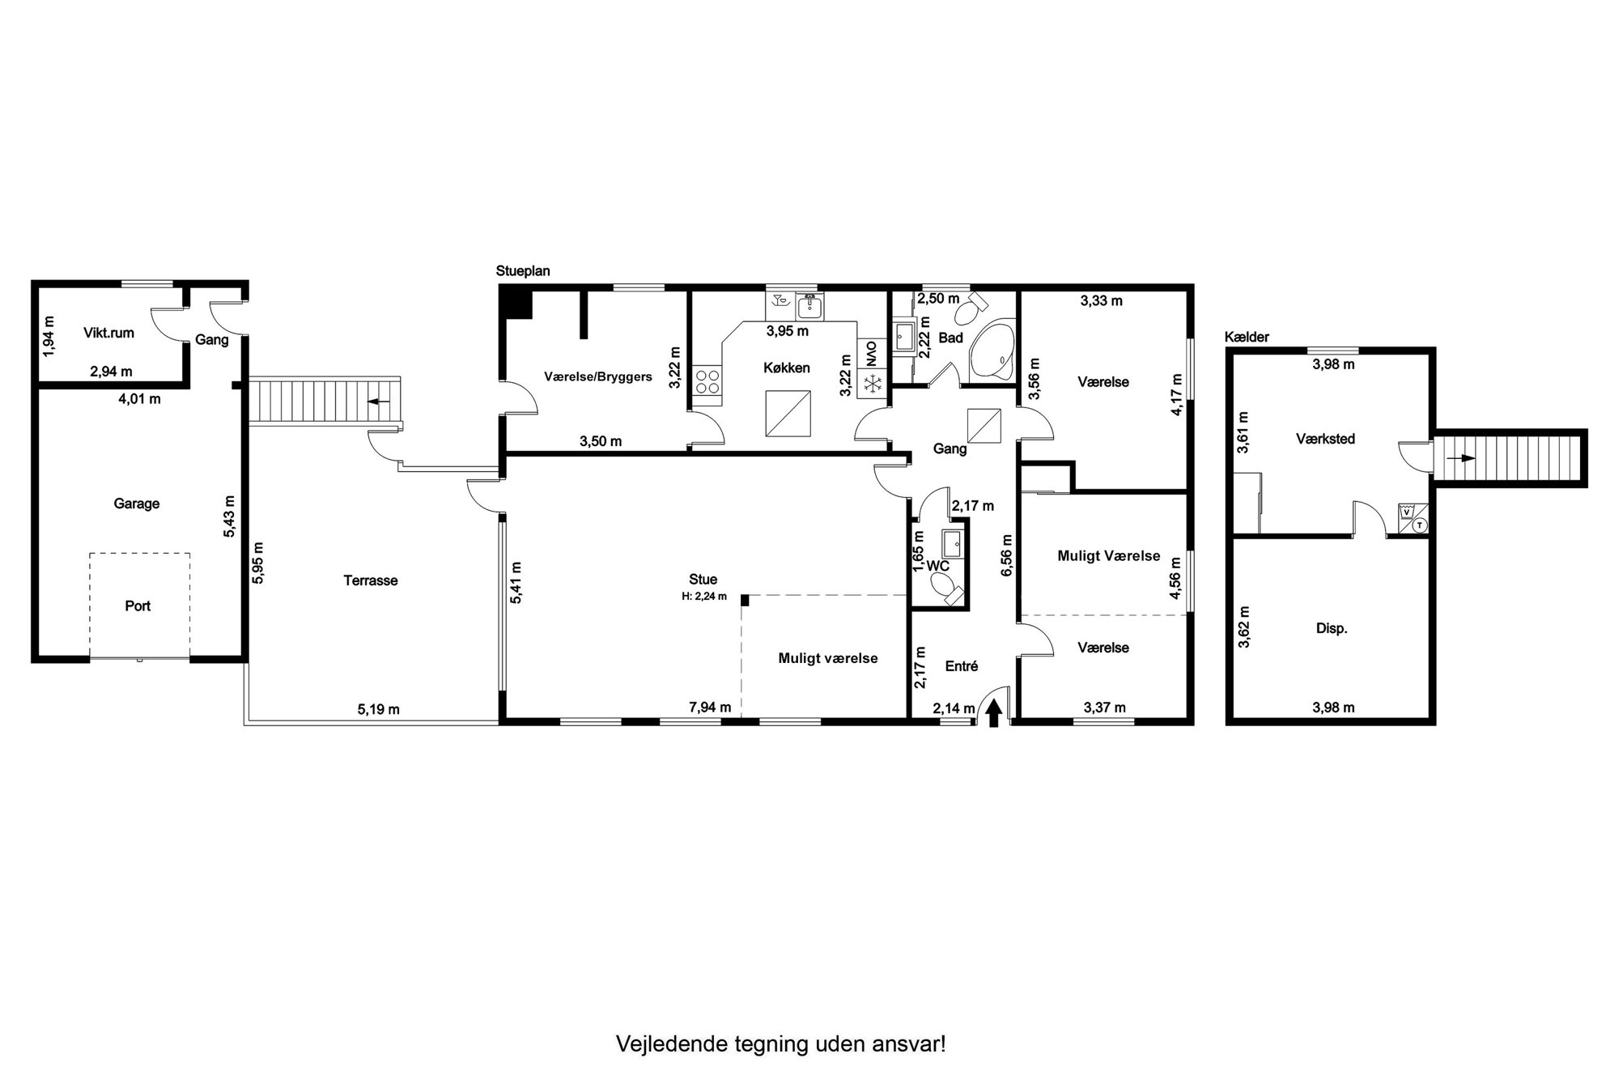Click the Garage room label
click(136, 504)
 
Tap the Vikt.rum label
click(108, 333)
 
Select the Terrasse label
click(371, 580)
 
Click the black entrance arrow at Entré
click(994, 712)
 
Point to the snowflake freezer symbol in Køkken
click(872, 385)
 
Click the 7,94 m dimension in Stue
click(710, 708)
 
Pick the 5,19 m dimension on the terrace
click(379, 710)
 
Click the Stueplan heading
click(523, 271)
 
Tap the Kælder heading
click(1247, 337)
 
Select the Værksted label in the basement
click(1325, 439)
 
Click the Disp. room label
click(1332, 628)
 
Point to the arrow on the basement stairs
click(1461, 458)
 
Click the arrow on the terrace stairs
click(379, 401)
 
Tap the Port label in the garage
click(138, 606)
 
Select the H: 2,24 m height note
click(704, 597)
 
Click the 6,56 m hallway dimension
click(1007, 555)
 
